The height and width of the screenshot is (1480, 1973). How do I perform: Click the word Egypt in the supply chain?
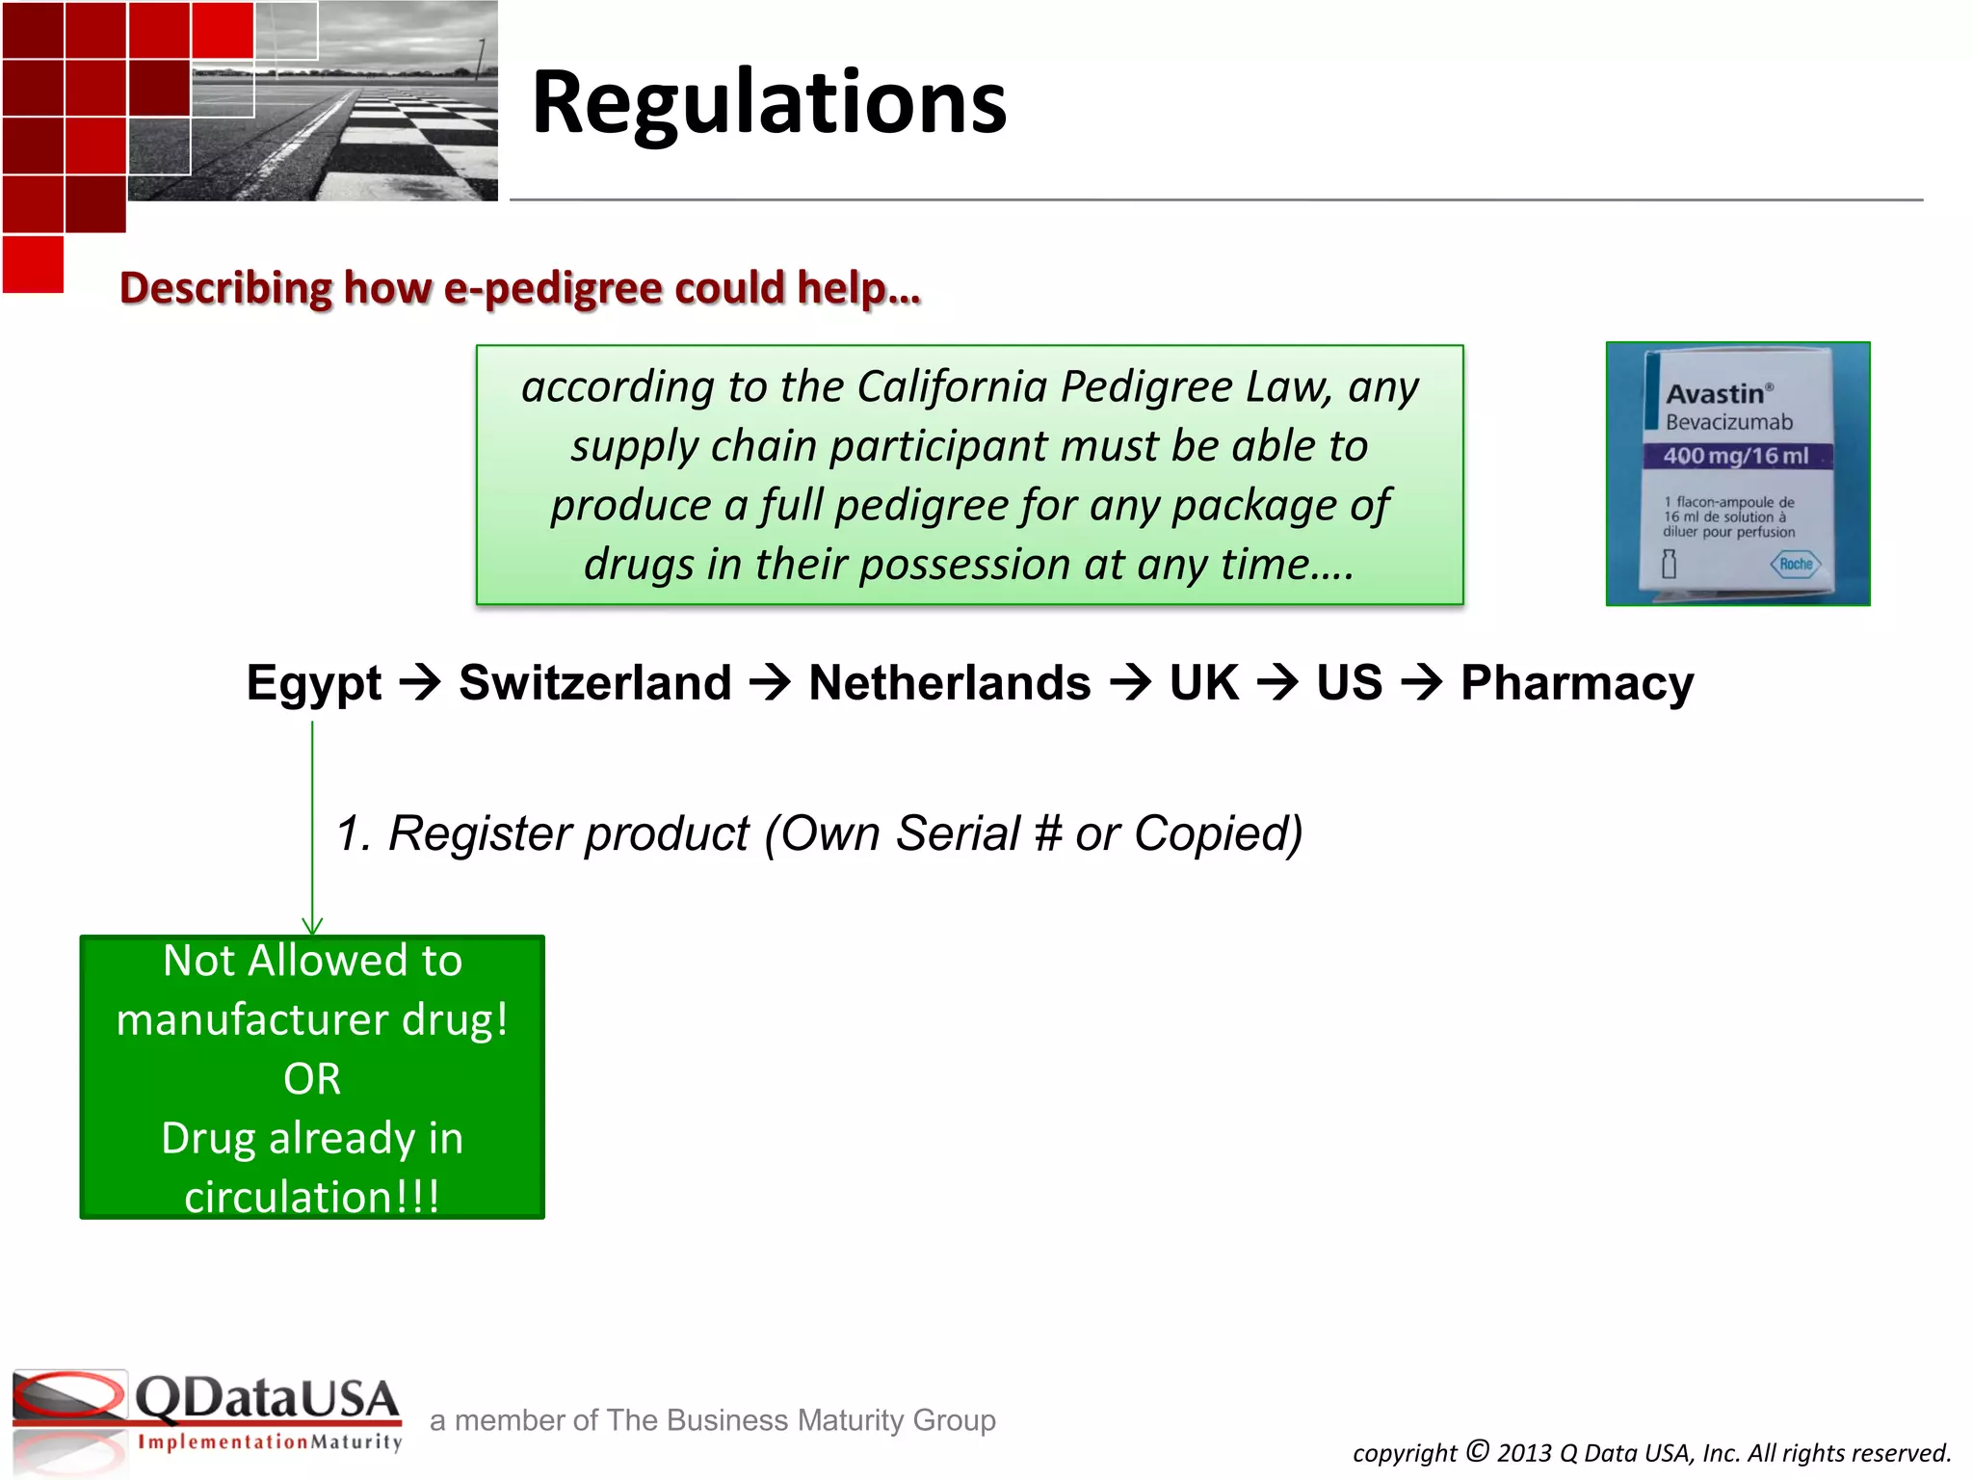point(314,683)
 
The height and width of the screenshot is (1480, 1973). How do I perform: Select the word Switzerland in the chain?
point(595,683)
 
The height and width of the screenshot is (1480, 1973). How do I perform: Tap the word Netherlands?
point(950,683)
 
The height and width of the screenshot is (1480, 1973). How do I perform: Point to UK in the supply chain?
point(1203,683)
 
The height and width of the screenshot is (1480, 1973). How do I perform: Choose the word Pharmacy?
point(1577,683)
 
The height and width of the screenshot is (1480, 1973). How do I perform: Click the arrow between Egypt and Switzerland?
point(420,683)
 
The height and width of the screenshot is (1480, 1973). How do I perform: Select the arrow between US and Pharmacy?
point(1422,683)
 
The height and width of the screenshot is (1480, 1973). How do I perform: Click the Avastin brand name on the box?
point(1716,394)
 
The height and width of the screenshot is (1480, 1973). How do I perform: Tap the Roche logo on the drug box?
point(1796,564)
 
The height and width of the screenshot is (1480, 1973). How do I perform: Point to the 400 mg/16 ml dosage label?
point(1736,456)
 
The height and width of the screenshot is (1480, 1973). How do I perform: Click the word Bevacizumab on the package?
point(1729,422)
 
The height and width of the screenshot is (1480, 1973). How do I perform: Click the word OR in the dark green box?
point(312,1078)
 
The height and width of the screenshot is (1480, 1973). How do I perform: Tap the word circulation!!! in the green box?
point(312,1197)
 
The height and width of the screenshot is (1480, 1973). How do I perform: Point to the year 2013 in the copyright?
point(1526,1453)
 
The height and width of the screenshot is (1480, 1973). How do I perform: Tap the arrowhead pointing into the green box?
point(312,926)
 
